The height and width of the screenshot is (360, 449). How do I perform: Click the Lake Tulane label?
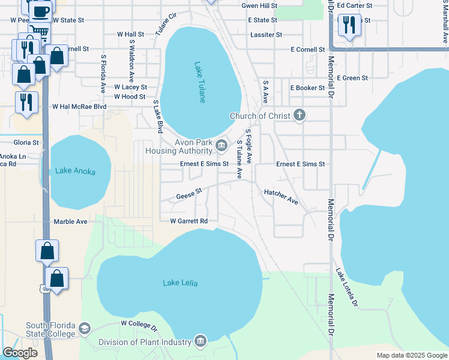click(200, 82)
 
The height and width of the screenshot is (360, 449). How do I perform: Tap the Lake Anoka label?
click(75, 171)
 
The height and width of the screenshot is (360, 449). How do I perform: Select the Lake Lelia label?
click(180, 283)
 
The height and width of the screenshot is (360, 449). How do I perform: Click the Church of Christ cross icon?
click(300, 115)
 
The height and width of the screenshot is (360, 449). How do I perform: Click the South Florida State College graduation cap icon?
click(85, 329)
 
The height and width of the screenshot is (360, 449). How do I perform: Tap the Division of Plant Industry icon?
click(200, 342)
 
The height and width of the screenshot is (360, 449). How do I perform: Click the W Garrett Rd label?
click(188, 221)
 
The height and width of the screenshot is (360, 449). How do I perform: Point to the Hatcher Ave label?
click(281, 196)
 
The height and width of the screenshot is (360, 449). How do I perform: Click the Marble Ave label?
click(71, 221)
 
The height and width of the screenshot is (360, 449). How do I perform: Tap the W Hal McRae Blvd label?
click(79, 107)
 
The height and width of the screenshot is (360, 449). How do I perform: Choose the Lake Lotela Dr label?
click(347, 287)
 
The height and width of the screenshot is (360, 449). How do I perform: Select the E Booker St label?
click(307, 88)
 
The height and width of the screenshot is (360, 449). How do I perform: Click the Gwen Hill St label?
click(259, 5)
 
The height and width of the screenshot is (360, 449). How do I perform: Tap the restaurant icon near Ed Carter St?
click(349, 25)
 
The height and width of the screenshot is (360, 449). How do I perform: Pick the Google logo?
click(20, 353)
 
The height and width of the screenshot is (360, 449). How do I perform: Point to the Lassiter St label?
click(265, 35)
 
